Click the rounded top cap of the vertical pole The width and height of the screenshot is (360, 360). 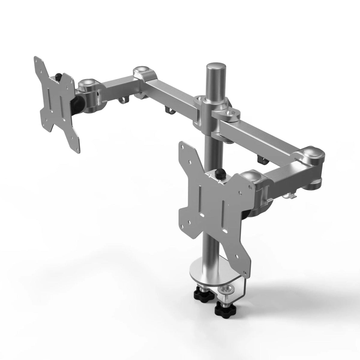point(215,66)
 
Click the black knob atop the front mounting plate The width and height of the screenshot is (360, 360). point(220,173)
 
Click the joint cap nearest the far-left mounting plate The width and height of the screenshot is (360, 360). point(87,83)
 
